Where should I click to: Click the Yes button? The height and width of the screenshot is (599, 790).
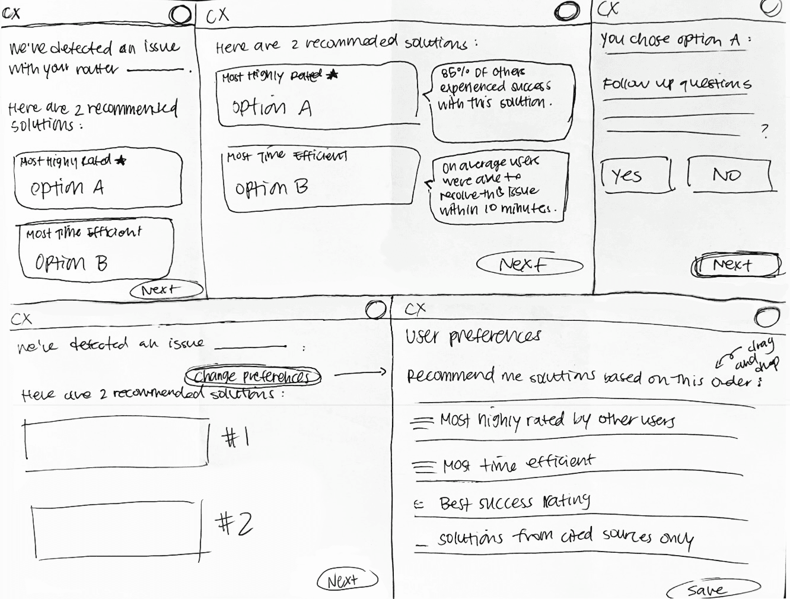636,175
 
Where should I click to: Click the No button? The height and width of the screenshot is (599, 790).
729,174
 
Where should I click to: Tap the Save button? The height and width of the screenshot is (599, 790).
712,589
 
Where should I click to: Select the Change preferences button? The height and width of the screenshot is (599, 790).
253,377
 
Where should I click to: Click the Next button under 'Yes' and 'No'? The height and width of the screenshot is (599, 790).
736,265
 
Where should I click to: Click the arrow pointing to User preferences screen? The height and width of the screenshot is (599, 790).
360,374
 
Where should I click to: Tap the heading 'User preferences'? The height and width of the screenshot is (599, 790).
473,336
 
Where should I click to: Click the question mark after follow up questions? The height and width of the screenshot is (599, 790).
764,131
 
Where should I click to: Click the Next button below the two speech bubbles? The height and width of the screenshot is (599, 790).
529,265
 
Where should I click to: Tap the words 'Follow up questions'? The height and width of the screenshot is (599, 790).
677,84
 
